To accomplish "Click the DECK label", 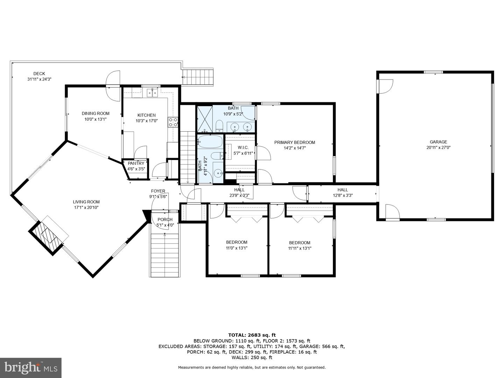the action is (39, 73).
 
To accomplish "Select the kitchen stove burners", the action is (173, 122).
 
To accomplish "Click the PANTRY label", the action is (136, 163).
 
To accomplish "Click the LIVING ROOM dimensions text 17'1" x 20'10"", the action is (86, 208).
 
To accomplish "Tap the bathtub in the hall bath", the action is (210, 142).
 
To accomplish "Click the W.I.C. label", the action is (243, 148).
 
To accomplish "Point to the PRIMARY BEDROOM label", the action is (295, 142).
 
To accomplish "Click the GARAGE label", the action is (438, 142).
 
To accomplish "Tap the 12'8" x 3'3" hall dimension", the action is (343, 196).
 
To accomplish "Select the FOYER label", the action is (158, 191).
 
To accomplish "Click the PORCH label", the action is (165, 220).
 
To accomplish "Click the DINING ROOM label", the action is (96, 113).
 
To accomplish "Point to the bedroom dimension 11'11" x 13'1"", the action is (300, 248).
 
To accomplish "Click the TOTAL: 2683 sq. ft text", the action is (252, 335).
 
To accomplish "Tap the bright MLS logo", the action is (30, 367).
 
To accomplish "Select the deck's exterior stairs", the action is (198, 77).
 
